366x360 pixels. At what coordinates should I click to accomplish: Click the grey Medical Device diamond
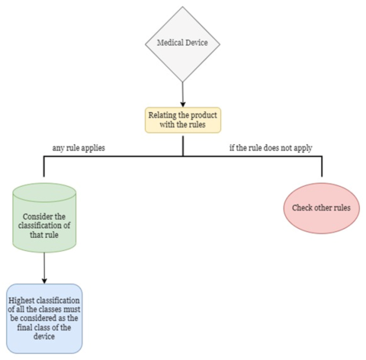click(183, 43)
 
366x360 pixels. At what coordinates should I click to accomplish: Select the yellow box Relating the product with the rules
click(183, 120)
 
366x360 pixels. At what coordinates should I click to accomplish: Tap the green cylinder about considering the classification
click(44, 221)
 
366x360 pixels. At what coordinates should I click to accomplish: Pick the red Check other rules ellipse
click(321, 207)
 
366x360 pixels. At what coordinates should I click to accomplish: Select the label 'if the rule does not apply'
click(271, 146)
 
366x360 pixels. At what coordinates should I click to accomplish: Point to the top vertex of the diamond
click(183, 8)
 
